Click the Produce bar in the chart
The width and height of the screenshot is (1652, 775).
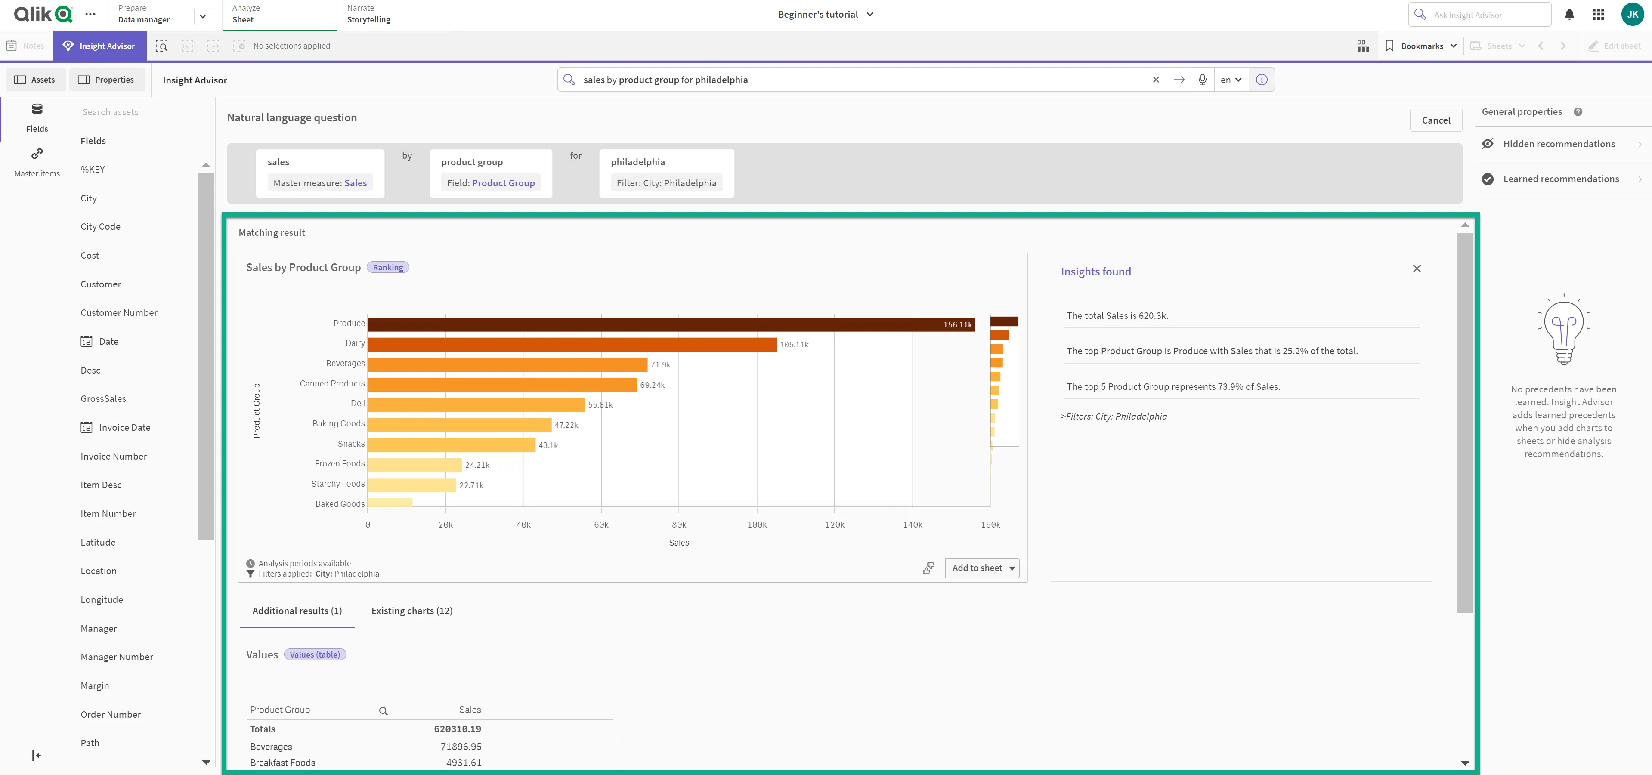670,324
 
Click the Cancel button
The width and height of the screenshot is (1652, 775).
1435,120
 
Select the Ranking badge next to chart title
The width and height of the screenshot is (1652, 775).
387,267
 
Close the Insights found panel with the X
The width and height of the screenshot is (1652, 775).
1417,269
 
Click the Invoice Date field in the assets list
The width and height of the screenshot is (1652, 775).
124,428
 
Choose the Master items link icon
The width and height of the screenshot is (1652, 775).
37,154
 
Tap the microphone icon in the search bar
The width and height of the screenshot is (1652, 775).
1202,80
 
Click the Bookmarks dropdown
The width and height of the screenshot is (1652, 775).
1420,46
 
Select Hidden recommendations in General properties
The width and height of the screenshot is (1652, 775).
1558,144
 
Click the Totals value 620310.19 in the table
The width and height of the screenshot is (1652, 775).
457,729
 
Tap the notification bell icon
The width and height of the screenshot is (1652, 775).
1568,15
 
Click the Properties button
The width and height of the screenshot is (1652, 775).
106,80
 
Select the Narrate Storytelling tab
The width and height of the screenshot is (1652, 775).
369,14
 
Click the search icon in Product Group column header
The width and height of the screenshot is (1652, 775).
383,711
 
